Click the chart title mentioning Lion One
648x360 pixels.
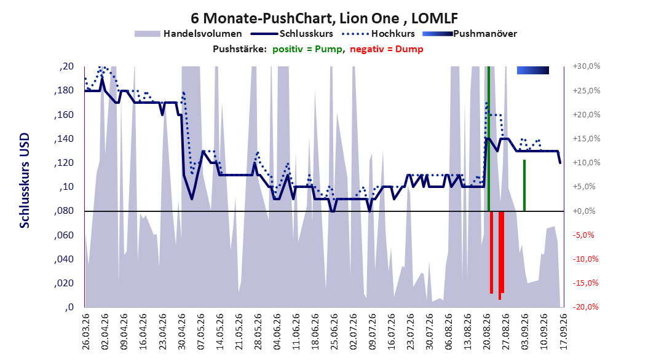[324, 18]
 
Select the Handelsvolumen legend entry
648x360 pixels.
[189, 34]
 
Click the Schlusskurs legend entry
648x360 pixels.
[292, 34]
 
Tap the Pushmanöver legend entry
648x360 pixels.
[470, 34]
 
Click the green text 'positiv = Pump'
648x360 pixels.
[307, 49]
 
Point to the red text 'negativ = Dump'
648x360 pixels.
[387, 49]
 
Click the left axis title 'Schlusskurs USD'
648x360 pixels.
[25, 181]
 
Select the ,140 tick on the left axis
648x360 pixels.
[64, 139]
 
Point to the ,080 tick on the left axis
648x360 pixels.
[64, 211]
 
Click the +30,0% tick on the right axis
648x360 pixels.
[587, 66]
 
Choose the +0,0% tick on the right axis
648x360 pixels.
[585, 211]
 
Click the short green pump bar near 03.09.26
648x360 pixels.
[524, 186]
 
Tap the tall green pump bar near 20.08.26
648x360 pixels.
[489, 139]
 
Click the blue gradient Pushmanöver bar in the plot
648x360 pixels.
[533, 71]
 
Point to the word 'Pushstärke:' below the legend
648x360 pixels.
[240, 49]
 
